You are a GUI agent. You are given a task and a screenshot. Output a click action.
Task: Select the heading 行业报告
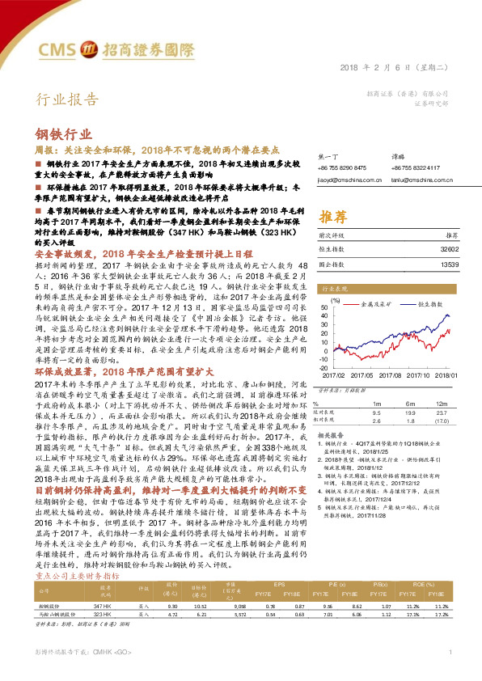(68, 100)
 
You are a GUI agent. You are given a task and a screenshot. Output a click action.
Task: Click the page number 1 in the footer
(450, 651)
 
